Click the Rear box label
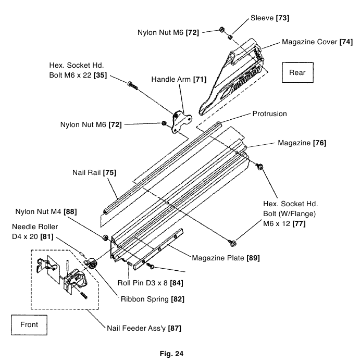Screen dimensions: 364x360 point(297,73)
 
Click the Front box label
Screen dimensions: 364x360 point(29,324)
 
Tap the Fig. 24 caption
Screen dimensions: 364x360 point(180,354)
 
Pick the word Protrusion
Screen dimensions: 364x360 point(269,114)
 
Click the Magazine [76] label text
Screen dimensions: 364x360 point(302,142)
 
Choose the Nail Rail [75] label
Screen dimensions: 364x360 point(94,172)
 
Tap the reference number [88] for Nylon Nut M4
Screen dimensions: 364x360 point(70,211)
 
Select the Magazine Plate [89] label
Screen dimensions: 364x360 point(226,257)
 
